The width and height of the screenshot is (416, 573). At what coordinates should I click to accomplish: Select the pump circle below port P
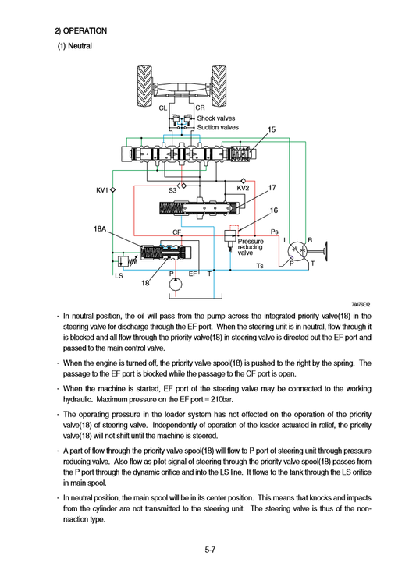[x=176, y=287]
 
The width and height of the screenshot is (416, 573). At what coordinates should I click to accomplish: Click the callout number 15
[x=272, y=129]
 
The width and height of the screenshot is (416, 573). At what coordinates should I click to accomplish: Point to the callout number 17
[x=272, y=188]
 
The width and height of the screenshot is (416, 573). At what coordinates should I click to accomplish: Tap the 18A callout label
[x=101, y=229]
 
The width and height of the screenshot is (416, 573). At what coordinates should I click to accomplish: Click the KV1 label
[x=102, y=189]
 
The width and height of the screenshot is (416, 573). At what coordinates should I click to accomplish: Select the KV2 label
[x=242, y=188]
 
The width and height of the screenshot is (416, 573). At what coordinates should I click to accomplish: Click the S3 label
[x=172, y=189]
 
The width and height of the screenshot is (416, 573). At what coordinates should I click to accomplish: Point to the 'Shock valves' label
[x=216, y=118]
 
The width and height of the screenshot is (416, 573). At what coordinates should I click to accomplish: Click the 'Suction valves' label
[x=218, y=127]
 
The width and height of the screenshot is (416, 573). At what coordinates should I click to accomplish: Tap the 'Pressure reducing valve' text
[x=251, y=247]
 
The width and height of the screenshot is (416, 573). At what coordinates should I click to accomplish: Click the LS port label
[x=119, y=276]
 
